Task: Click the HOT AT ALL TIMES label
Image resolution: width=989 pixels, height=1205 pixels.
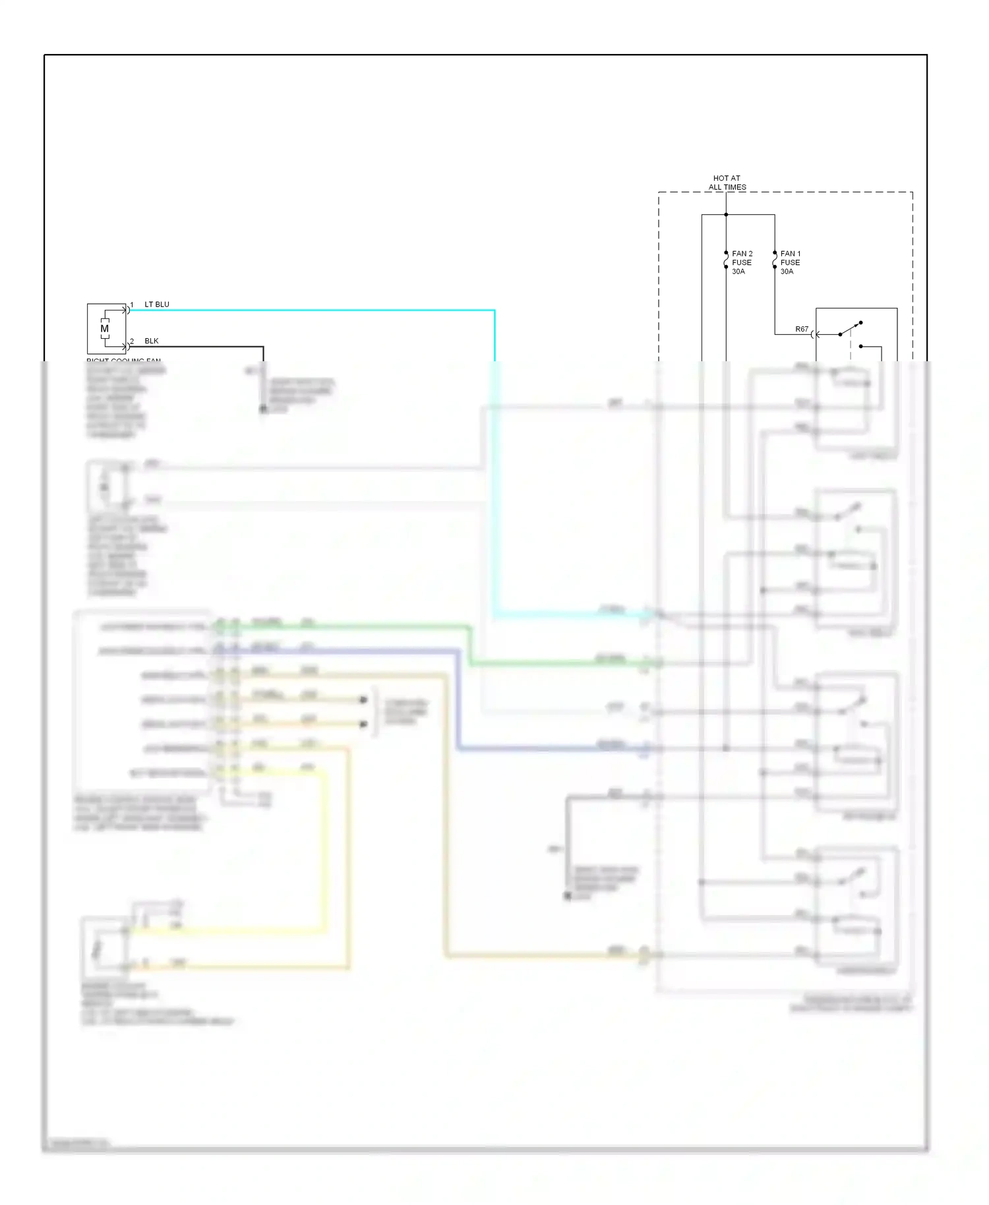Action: (727, 183)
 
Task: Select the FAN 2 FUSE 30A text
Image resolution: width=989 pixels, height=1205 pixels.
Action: (742, 262)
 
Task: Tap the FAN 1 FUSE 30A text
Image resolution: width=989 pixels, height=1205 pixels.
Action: (790, 262)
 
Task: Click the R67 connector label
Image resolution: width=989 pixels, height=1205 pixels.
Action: (801, 329)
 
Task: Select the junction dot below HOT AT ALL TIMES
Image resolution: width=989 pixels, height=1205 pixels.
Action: (726, 214)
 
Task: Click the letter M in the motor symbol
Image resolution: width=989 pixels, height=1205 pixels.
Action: (104, 328)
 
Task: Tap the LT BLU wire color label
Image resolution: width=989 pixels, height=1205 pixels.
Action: (157, 305)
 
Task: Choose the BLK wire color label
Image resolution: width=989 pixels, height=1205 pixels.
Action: (152, 341)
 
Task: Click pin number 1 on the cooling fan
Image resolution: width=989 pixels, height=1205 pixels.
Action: (132, 305)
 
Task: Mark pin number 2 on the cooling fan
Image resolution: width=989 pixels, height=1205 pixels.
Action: (132, 341)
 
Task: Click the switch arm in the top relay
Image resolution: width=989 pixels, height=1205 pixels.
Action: (850, 329)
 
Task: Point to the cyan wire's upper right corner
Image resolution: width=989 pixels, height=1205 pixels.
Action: (494, 310)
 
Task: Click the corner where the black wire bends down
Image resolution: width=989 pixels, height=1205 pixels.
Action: (263, 347)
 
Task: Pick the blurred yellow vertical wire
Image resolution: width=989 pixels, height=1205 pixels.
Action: (324, 850)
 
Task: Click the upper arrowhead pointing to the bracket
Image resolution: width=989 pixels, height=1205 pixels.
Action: (363, 699)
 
